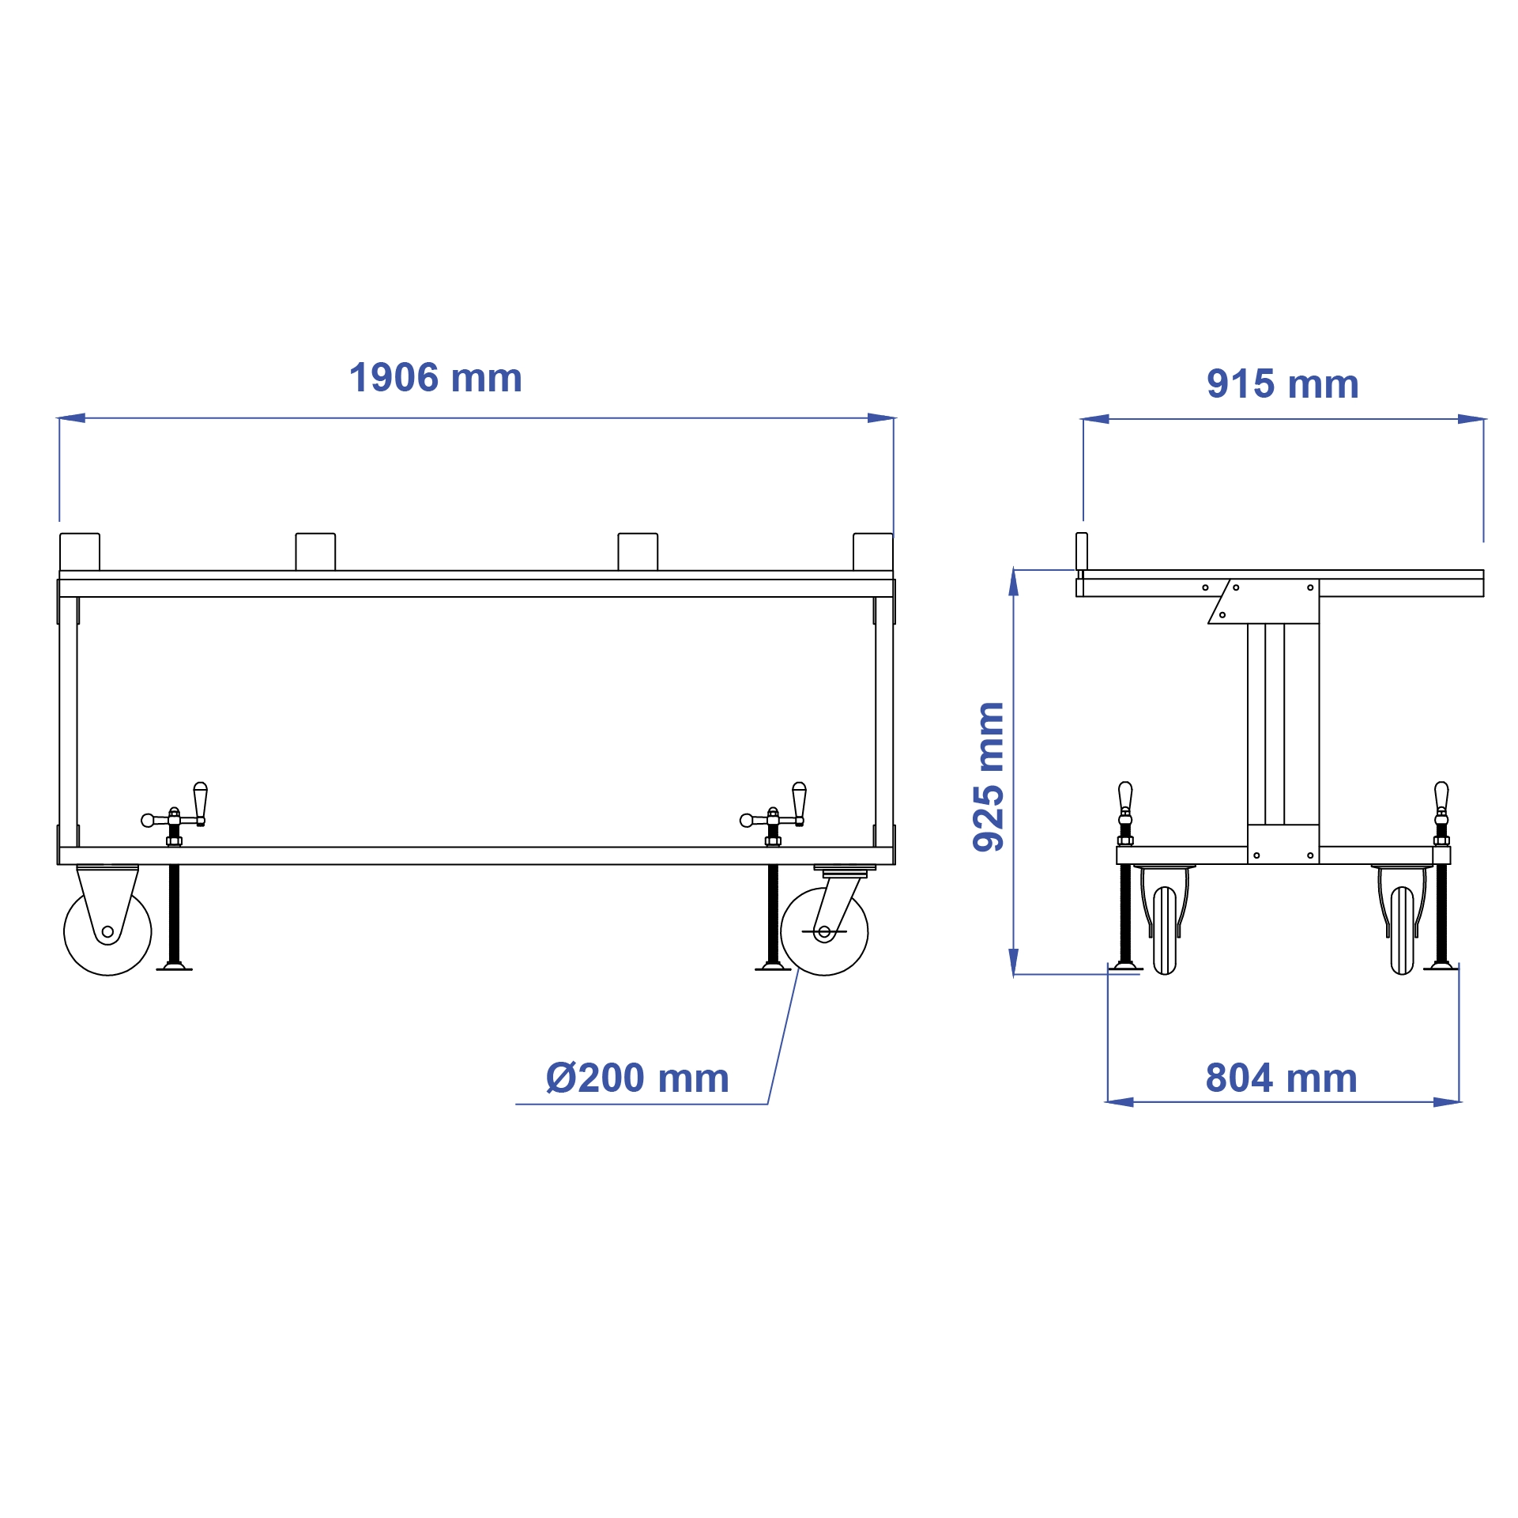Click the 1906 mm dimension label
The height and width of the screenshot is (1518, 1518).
(x=435, y=378)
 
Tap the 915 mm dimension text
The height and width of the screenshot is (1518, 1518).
(x=1282, y=384)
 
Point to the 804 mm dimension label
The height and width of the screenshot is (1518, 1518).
(x=1281, y=1078)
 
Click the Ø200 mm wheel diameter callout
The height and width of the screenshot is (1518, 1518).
(x=637, y=1078)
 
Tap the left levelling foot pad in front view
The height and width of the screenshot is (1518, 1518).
(x=174, y=966)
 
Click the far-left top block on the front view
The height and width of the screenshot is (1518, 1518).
(x=80, y=552)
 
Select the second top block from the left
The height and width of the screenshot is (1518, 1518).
(x=315, y=552)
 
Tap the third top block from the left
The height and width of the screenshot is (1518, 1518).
(x=638, y=552)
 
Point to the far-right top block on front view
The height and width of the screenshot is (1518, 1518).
(x=873, y=552)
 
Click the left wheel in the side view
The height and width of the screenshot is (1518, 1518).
(x=1165, y=930)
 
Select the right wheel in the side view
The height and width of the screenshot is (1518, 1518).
(x=1402, y=930)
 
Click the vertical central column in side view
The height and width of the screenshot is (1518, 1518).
(x=1283, y=723)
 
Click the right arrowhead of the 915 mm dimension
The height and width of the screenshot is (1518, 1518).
(x=1471, y=419)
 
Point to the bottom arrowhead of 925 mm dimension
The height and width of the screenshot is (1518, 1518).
(x=1014, y=961)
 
